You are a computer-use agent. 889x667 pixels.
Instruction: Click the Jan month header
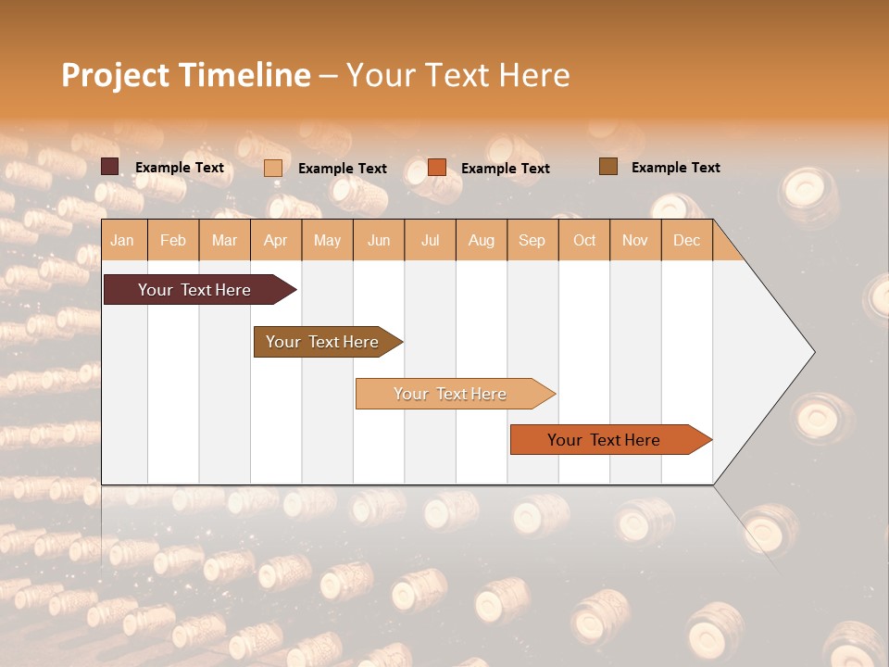coord(123,240)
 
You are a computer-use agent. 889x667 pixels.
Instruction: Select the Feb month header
coord(173,240)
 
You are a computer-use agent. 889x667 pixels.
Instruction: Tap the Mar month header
coord(224,240)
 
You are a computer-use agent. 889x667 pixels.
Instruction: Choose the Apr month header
coord(276,240)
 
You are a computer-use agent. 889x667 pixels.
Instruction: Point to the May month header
coord(327,240)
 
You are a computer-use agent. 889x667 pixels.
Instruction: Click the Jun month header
coord(379,240)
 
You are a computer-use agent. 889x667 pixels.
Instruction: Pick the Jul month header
coord(430,240)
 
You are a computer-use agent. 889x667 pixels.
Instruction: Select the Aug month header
coord(482,240)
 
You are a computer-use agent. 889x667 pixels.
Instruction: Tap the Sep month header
coord(532,240)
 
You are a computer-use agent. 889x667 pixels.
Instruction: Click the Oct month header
coord(584,240)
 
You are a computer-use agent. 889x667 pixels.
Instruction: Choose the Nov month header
coord(635,240)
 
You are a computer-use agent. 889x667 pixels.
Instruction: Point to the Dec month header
coord(687,240)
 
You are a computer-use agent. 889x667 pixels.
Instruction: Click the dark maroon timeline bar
coord(194,290)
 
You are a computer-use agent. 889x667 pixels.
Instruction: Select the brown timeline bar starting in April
coord(322,342)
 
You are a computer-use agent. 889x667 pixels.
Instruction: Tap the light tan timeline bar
coord(450,394)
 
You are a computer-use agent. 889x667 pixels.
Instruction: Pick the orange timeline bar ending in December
coord(604,440)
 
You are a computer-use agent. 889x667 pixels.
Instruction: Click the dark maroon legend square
coord(110,167)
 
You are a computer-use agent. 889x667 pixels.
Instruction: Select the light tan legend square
coord(273,168)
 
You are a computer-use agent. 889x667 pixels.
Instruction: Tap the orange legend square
coord(437,168)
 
